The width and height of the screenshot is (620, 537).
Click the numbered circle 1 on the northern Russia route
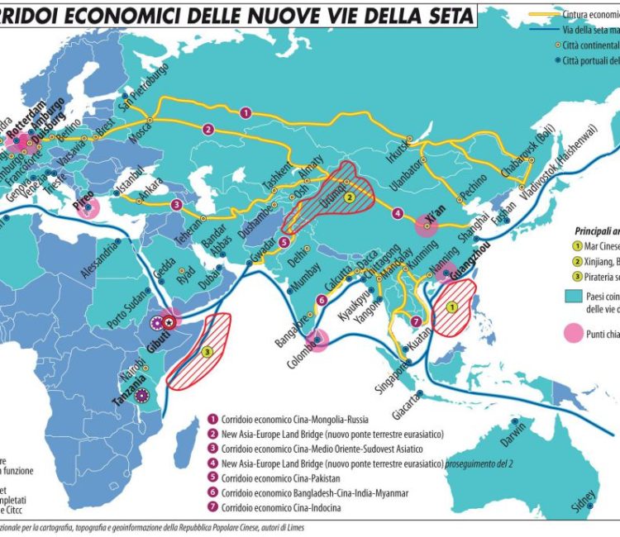pos(246,112)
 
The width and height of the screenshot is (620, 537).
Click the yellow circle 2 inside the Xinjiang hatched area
pos(349,197)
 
